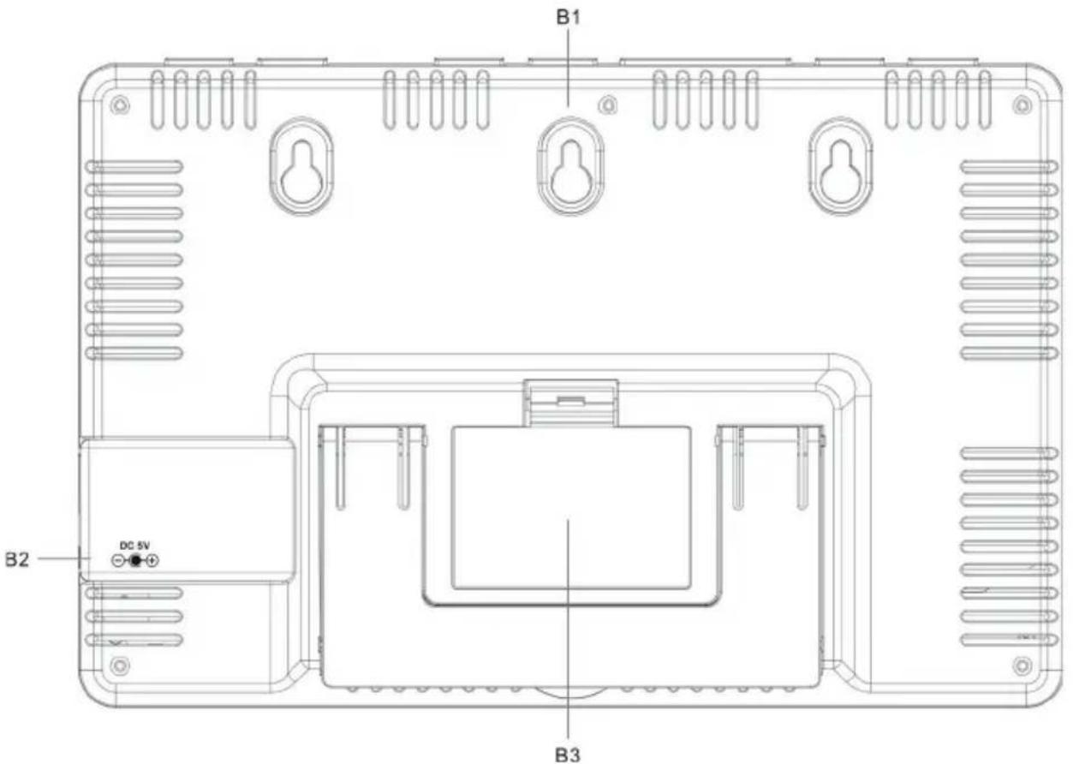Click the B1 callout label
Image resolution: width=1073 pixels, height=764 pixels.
[x=568, y=17]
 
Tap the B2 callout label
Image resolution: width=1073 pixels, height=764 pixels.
[x=17, y=559]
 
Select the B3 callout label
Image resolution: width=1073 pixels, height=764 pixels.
[x=568, y=755]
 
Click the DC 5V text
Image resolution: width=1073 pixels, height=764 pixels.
[x=134, y=546]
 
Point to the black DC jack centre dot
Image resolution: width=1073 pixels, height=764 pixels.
[x=135, y=560]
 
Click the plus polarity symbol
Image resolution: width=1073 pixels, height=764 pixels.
[x=152, y=560]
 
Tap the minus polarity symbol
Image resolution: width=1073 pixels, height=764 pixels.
[x=118, y=560]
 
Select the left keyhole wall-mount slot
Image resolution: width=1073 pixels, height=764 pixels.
[x=301, y=165]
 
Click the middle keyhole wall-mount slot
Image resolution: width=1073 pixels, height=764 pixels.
[x=570, y=165]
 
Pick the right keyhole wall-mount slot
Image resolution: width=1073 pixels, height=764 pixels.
[x=841, y=165]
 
